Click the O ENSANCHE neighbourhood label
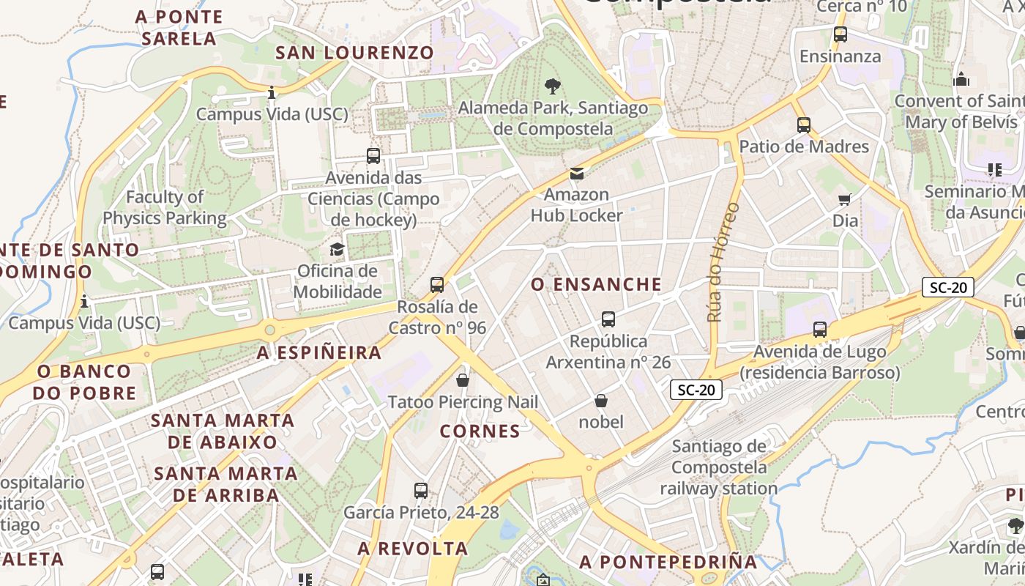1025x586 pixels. click(x=596, y=284)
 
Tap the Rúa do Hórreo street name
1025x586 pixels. click(x=723, y=262)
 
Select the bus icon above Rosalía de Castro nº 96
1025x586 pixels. click(x=437, y=284)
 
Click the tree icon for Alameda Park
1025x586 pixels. click(x=553, y=86)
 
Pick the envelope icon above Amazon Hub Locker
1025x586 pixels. click(x=577, y=174)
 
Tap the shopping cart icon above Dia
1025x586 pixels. click(x=845, y=199)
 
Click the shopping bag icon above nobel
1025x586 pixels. click(x=601, y=401)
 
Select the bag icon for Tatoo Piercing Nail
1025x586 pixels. click(x=463, y=380)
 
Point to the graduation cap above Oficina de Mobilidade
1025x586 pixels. click(x=337, y=250)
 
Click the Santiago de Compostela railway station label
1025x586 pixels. click(x=719, y=467)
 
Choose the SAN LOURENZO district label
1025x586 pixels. click(x=354, y=53)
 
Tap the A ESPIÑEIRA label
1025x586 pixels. click(x=319, y=353)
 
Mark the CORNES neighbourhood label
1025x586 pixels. click(x=480, y=431)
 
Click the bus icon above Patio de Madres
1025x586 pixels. click(x=804, y=125)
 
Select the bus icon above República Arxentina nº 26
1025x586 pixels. click(x=608, y=319)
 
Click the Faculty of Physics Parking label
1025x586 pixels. click(x=165, y=207)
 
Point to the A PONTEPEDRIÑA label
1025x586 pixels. click(x=668, y=562)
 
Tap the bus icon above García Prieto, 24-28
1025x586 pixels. click(x=421, y=491)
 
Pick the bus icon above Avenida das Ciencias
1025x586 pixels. click(x=373, y=156)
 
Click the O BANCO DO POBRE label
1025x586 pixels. click(x=85, y=382)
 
